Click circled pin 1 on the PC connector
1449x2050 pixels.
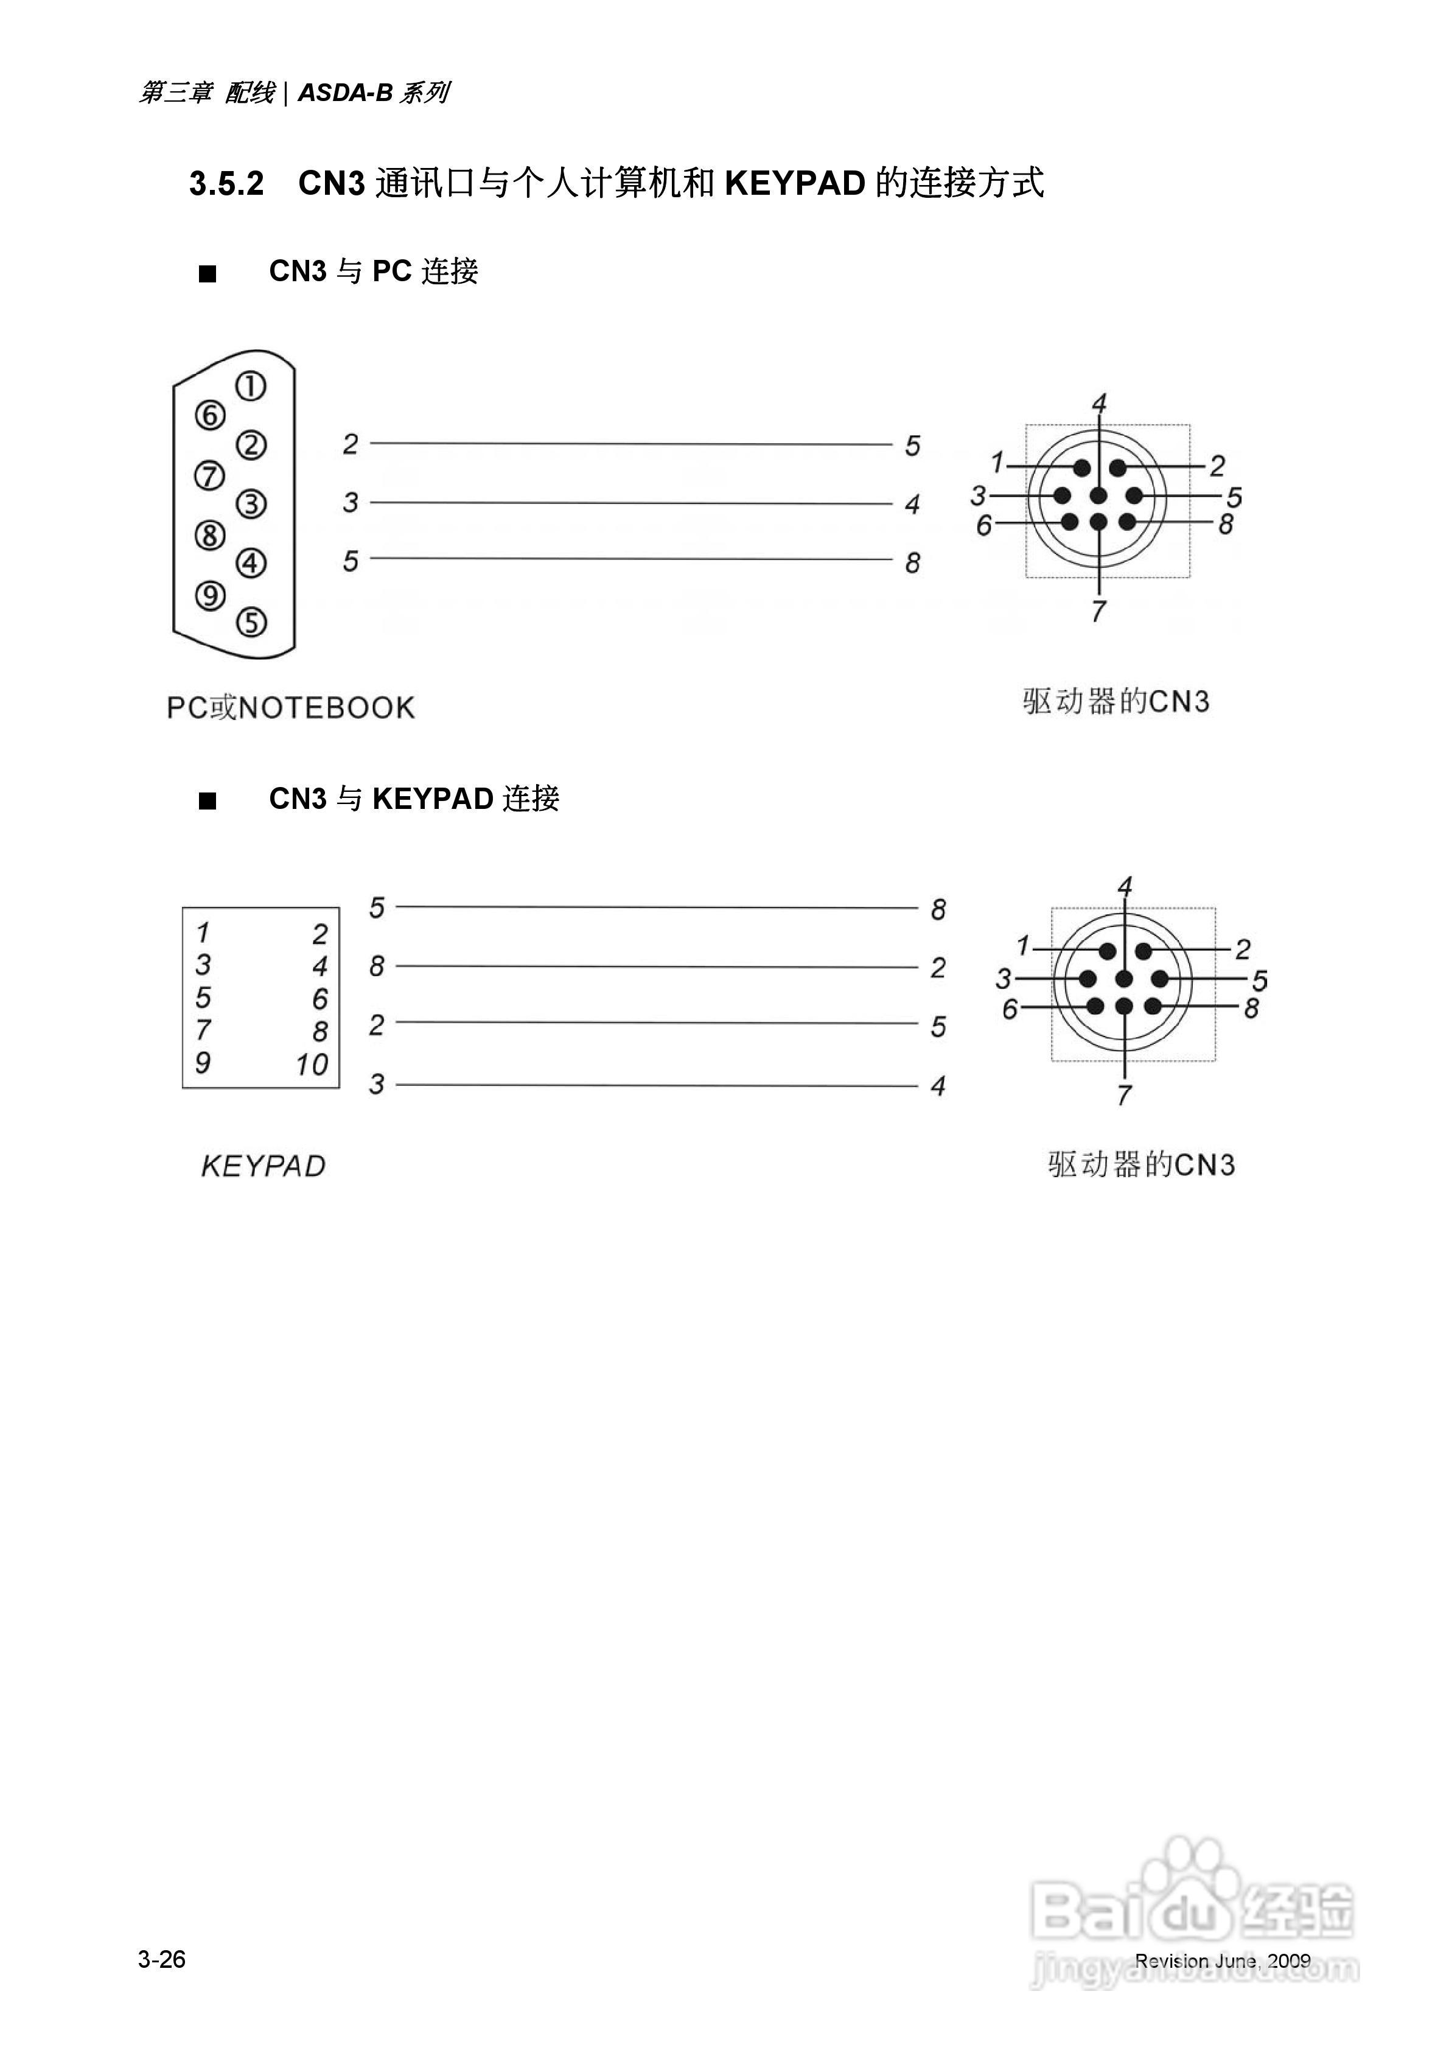[x=251, y=387]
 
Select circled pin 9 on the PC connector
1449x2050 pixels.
[x=210, y=595]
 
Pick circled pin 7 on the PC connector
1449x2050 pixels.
[x=210, y=476]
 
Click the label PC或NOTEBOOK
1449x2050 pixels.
[x=291, y=708]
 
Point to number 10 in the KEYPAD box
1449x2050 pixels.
[x=312, y=1065]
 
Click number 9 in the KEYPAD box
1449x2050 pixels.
[x=203, y=1063]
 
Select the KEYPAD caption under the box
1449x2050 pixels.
[x=264, y=1166]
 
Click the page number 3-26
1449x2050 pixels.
[x=162, y=1959]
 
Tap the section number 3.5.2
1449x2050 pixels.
[x=227, y=184]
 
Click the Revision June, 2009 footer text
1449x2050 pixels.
[x=1222, y=1961]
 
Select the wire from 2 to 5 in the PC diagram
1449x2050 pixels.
[x=630, y=443]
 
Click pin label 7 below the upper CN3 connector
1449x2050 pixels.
[x=1098, y=612]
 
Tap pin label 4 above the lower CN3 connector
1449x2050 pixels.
[x=1125, y=887]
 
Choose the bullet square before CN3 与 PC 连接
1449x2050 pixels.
[x=207, y=274]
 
